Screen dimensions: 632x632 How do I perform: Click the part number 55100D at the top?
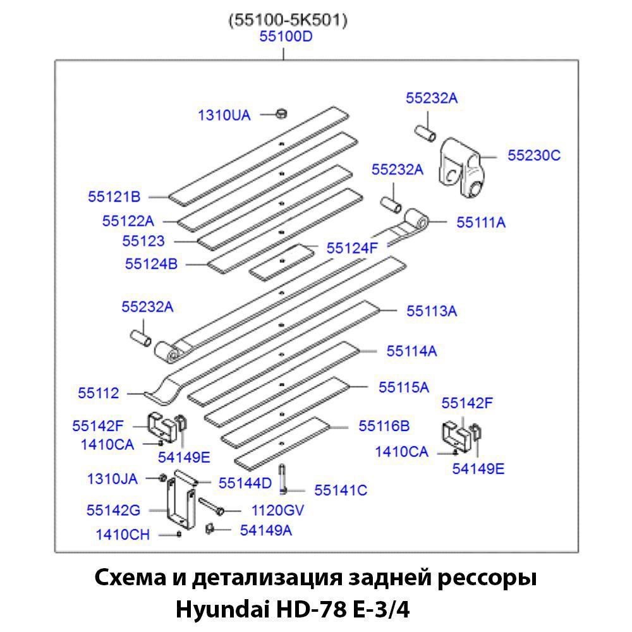(x=286, y=37)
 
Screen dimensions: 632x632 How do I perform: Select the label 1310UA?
(x=224, y=115)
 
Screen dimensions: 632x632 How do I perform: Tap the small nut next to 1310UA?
(x=281, y=114)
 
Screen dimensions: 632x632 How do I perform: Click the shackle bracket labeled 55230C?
(x=461, y=168)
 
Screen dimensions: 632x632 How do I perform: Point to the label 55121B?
(x=114, y=197)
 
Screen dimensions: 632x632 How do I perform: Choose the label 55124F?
(x=352, y=248)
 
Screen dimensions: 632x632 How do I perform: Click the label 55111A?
(x=481, y=222)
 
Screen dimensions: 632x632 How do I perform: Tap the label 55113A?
(x=432, y=311)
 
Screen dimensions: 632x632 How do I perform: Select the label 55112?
(x=99, y=393)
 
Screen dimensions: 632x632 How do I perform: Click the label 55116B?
(x=384, y=426)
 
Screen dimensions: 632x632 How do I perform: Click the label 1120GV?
(x=277, y=511)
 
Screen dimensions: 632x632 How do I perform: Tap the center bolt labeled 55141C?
(x=282, y=479)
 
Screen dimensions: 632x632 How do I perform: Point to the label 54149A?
(x=265, y=530)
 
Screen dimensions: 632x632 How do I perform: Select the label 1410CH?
(x=123, y=535)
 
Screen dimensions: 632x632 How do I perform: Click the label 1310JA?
(x=112, y=479)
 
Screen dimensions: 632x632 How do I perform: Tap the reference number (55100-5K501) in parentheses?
(x=288, y=20)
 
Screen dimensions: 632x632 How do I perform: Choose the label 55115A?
(x=404, y=387)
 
